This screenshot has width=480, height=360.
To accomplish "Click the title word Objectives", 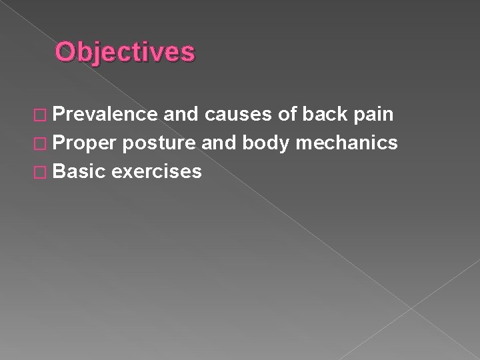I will [x=125, y=52].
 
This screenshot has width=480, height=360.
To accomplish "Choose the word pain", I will [x=374, y=115].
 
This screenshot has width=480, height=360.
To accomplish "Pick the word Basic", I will [x=79, y=171].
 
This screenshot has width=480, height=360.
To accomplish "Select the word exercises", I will [x=157, y=171].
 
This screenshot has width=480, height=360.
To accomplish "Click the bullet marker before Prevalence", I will [x=42, y=115].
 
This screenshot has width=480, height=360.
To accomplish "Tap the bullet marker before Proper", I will [x=42, y=143].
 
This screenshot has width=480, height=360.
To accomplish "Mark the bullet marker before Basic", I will [x=42, y=172].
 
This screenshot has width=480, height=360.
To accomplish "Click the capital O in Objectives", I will [x=65, y=52].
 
